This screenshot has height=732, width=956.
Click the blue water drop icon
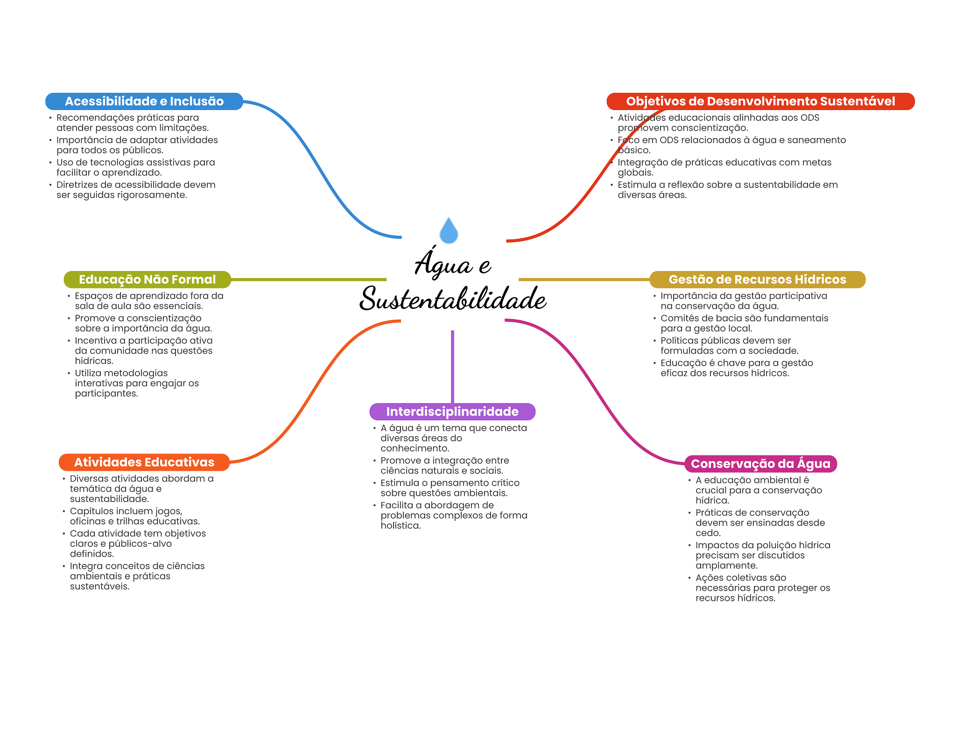[x=449, y=231]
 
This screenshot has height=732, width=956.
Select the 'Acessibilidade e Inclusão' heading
[x=144, y=101]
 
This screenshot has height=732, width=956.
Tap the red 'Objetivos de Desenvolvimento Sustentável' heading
[x=760, y=101]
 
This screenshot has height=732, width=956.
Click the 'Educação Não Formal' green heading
[x=147, y=279]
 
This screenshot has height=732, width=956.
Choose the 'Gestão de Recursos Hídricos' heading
[x=757, y=279]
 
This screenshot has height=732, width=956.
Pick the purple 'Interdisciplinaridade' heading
[x=452, y=411]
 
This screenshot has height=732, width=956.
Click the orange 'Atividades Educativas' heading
[x=144, y=462]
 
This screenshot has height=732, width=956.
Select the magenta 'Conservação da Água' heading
[x=760, y=464]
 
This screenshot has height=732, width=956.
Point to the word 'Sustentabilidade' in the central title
[x=453, y=299]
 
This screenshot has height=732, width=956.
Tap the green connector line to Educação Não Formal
[x=308, y=279]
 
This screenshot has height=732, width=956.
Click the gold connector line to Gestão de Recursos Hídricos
[x=583, y=279]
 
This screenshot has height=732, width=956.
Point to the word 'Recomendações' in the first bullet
[x=89, y=118]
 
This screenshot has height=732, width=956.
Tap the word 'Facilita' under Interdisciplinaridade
[x=397, y=505]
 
